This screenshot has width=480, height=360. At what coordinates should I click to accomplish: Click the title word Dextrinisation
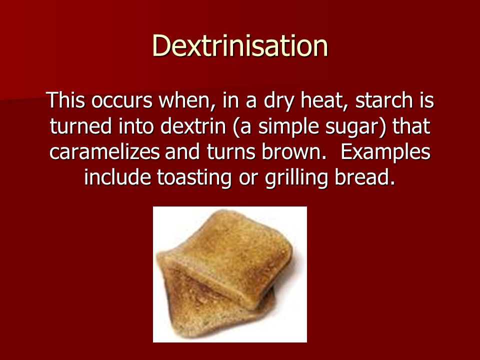tap(240, 45)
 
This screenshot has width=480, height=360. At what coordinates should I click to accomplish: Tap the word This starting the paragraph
tap(65, 100)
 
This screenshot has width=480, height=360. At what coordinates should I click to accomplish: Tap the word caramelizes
tap(104, 151)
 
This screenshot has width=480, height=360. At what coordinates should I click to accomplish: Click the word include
tap(117, 177)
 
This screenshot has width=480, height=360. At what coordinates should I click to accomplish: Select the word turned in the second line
tap(81, 126)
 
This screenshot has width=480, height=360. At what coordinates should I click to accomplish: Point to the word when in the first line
tap(185, 100)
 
